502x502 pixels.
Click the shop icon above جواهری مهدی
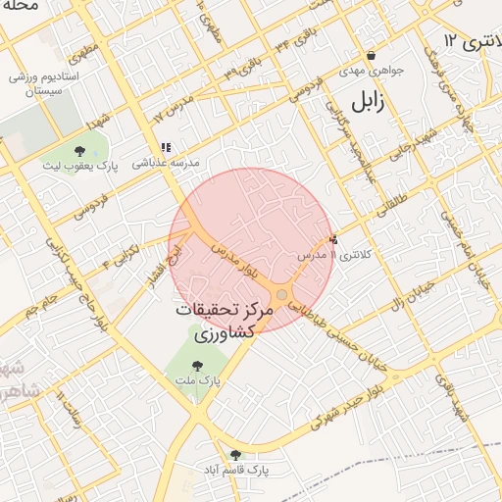click(x=372, y=55)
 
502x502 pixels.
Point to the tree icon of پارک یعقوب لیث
click(x=78, y=151)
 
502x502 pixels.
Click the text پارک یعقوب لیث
click(x=78, y=167)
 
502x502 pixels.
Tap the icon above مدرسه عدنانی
click(x=166, y=147)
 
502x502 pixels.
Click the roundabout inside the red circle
click(x=281, y=294)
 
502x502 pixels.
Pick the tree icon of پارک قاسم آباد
click(x=235, y=454)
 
